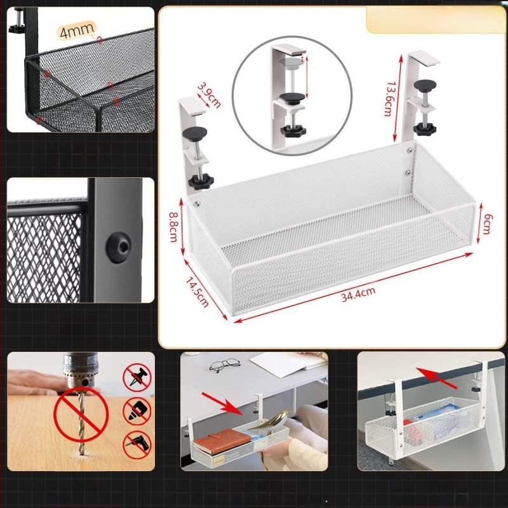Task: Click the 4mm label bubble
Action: tap(76, 30)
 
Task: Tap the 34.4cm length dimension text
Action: tap(358, 295)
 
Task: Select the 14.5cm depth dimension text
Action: tap(197, 292)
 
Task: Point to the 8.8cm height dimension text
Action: tap(173, 227)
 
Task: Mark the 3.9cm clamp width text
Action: tap(209, 95)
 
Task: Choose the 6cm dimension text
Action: tap(487, 224)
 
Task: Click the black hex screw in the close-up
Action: tap(119, 247)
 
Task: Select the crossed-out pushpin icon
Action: tap(137, 377)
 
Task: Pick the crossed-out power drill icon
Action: tap(137, 444)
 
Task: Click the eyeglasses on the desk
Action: tap(225, 364)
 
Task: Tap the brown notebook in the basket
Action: tap(222, 441)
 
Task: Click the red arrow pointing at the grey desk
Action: tap(222, 403)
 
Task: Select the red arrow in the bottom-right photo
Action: tap(436, 378)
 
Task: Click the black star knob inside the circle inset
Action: tap(293, 131)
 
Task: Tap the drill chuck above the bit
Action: tap(81, 370)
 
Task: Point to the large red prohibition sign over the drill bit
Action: tap(81, 415)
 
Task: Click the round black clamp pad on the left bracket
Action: tap(194, 132)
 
